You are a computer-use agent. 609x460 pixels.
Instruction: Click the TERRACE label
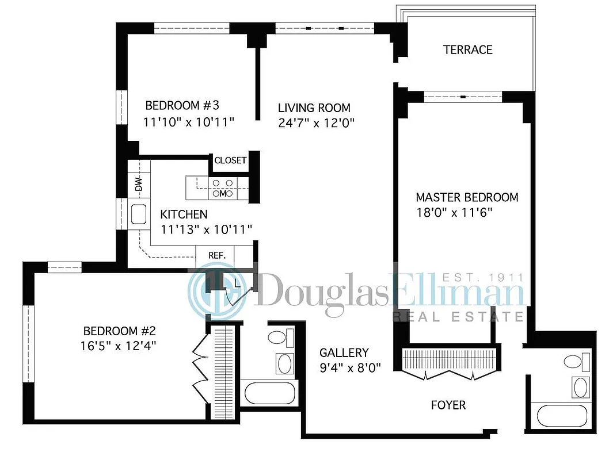pyautogui.click(x=467, y=50)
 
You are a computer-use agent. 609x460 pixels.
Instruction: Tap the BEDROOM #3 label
pyautogui.click(x=182, y=106)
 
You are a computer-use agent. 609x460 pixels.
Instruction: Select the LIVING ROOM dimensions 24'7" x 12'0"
pyautogui.click(x=316, y=122)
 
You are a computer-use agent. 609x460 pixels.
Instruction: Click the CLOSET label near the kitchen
pyautogui.click(x=230, y=160)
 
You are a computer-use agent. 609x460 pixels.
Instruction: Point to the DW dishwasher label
pyautogui.click(x=138, y=185)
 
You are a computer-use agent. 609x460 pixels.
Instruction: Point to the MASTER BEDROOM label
pyautogui.click(x=467, y=197)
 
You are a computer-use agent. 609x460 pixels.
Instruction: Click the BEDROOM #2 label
pyautogui.click(x=120, y=331)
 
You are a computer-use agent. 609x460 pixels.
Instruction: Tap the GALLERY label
pyautogui.click(x=344, y=352)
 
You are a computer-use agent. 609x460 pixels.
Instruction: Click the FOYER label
pyautogui.click(x=448, y=405)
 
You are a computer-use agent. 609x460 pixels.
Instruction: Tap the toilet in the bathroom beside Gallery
pyautogui.click(x=279, y=337)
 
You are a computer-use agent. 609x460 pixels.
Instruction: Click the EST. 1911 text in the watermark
pyautogui.click(x=488, y=278)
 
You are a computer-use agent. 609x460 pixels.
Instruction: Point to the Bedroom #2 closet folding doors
pyautogui.click(x=199, y=362)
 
